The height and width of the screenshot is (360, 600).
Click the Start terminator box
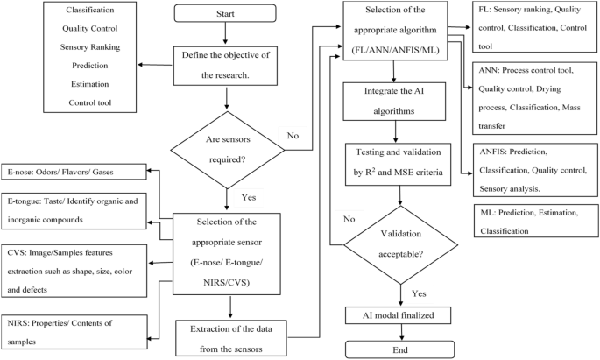tap(226, 15)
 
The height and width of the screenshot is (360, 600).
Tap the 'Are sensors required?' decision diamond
tap(226, 145)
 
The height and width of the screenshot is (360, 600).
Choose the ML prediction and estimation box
tap(533, 222)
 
